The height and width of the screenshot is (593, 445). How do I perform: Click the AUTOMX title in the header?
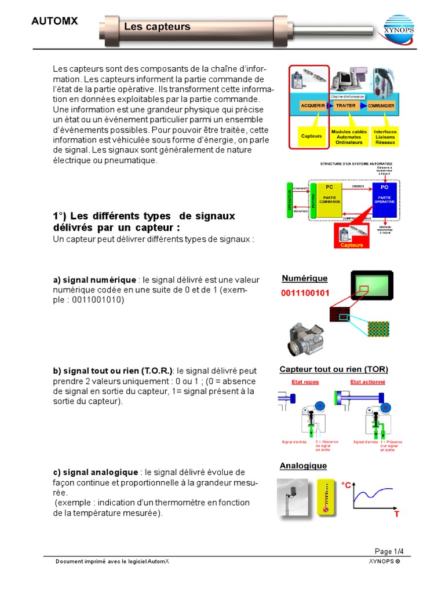tap(54, 21)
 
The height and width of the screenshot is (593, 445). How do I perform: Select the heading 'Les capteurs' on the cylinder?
tap(157, 27)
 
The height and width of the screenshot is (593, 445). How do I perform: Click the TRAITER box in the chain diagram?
tap(346, 107)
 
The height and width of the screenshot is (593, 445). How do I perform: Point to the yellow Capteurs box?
tap(311, 136)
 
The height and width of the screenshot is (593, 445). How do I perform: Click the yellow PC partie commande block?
tap(330, 200)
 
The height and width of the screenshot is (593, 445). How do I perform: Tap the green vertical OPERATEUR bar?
tap(290, 200)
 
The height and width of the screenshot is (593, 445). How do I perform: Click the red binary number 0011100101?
tap(305, 293)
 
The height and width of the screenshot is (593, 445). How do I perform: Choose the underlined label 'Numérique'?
tap(304, 279)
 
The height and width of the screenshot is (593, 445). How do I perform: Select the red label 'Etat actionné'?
tap(367, 382)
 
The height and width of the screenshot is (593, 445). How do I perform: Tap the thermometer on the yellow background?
tap(327, 496)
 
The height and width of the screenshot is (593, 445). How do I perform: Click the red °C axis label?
tap(346, 485)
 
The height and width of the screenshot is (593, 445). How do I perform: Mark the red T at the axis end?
tap(397, 514)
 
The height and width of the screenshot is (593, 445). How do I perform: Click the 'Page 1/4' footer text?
tap(389, 551)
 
